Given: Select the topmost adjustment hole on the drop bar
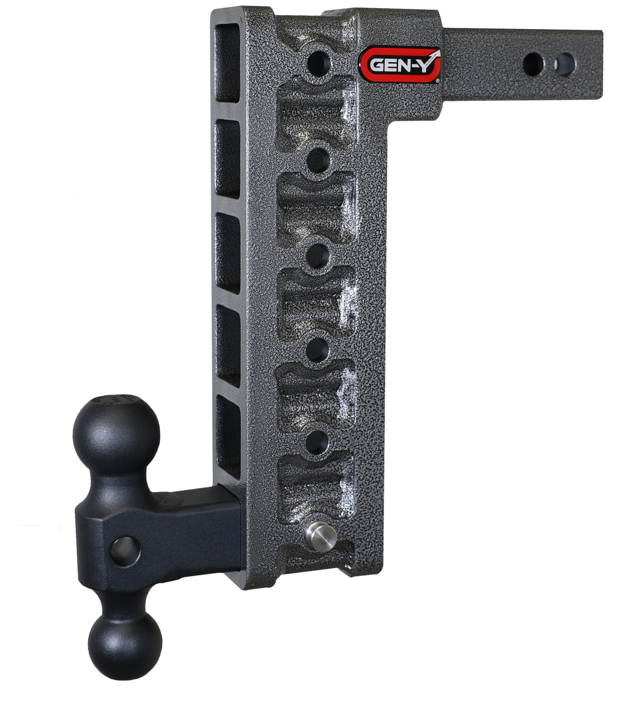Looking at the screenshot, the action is click(x=318, y=63).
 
